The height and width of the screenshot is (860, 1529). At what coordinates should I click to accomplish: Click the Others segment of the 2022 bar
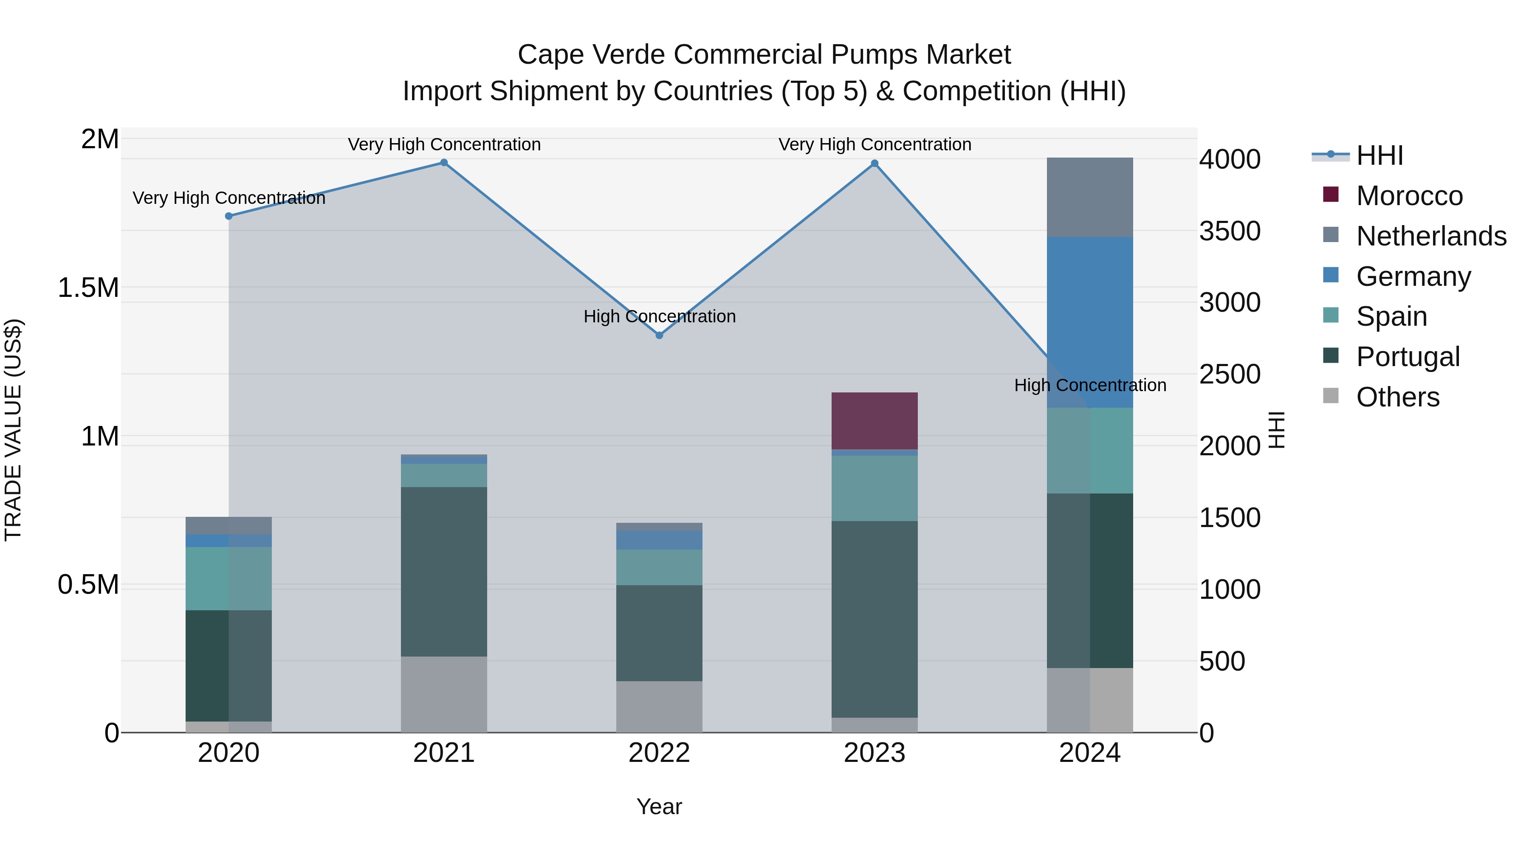click(659, 706)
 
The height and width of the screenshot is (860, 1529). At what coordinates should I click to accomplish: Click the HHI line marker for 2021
click(443, 163)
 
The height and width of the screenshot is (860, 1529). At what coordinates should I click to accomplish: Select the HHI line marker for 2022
click(659, 336)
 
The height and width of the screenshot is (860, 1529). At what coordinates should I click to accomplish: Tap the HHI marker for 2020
click(229, 216)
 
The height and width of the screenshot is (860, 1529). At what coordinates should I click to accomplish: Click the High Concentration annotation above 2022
click(659, 316)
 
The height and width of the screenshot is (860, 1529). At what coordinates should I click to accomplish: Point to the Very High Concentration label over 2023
click(875, 144)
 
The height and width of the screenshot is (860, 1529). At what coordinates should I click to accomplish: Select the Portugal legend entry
click(1408, 357)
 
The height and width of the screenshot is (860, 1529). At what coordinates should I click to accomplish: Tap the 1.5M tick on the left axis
click(88, 288)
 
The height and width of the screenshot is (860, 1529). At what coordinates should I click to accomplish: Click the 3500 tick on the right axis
click(1229, 231)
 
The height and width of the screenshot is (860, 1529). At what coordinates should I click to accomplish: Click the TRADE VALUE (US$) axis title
click(13, 430)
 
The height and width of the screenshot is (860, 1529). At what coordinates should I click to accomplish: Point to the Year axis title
click(659, 806)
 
